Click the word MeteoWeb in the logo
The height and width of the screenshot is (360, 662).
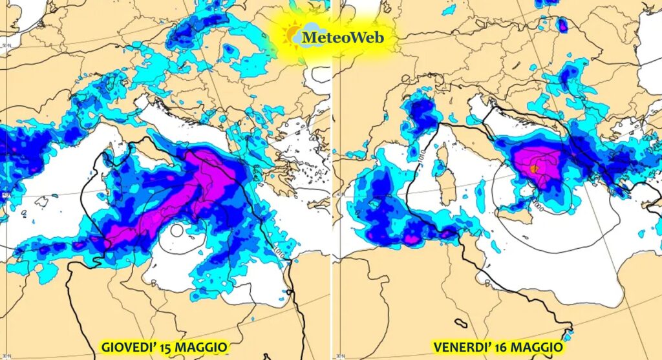[x=343, y=37]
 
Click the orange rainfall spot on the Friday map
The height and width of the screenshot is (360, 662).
[x=534, y=168]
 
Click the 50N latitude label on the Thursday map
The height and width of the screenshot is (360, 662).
[x=6, y=45]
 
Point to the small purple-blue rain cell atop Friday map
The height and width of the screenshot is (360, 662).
[x=562, y=25]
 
